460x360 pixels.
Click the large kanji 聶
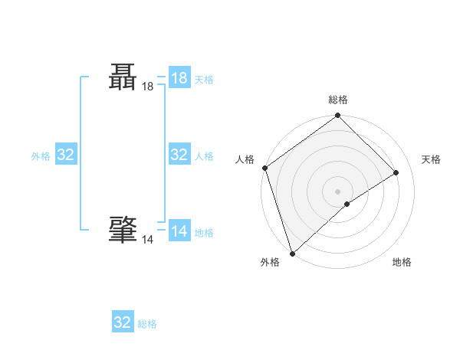click(x=123, y=78)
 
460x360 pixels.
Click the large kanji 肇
click(x=123, y=229)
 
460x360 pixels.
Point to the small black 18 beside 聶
click(x=147, y=87)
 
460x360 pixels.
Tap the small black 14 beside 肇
click(x=147, y=240)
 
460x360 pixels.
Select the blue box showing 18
click(x=179, y=78)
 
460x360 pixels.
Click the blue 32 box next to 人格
click(x=179, y=155)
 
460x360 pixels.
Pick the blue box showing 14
click(x=179, y=231)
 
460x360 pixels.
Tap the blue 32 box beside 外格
click(x=66, y=155)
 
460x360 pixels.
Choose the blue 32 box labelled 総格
click(x=123, y=322)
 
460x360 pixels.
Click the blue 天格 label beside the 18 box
click(x=204, y=80)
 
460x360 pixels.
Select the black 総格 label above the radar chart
click(x=337, y=100)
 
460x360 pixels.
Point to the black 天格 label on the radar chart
click(x=431, y=159)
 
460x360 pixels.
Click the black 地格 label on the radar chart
click(x=402, y=262)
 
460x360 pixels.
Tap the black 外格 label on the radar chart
click(x=270, y=262)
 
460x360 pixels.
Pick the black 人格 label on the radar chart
click(x=245, y=159)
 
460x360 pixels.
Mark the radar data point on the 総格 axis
click(x=337, y=116)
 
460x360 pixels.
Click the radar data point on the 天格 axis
click(x=396, y=172)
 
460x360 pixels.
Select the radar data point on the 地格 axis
click(x=347, y=204)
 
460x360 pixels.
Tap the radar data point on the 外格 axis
click(x=291, y=253)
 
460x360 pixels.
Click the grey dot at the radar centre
click(x=337, y=191)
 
